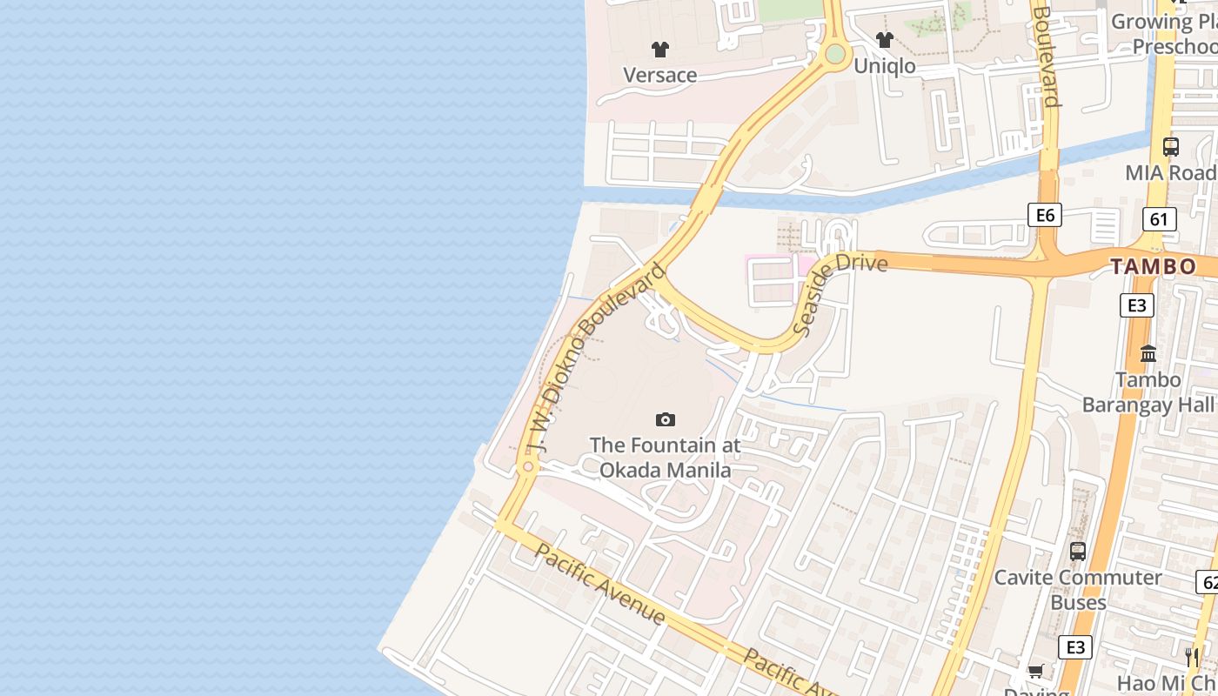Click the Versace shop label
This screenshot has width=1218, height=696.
tap(660, 76)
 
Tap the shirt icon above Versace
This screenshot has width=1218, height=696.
tap(660, 50)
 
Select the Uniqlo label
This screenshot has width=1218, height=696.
tap(885, 66)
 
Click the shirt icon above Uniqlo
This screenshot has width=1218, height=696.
tap(885, 39)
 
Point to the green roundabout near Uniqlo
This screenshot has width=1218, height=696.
tap(835, 54)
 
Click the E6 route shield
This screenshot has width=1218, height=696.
tap(1044, 215)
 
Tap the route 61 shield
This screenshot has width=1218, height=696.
tap(1159, 219)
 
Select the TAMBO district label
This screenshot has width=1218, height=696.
tap(1154, 267)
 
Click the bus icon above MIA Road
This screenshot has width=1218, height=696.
tap(1171, 147)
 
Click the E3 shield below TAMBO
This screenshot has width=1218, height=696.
tap(1136, 305)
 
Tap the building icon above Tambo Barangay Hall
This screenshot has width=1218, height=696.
tap(1148, 353)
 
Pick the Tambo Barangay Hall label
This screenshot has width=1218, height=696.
tap(1148, 392)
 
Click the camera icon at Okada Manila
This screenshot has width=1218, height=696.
tap(666, 420)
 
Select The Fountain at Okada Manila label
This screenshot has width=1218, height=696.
tap(666, 458)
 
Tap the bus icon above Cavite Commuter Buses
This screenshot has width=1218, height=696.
tap(1078, 551)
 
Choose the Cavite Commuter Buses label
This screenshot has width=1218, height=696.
tap(1078, 590)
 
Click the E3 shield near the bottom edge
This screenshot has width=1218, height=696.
tap(1075, 647)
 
